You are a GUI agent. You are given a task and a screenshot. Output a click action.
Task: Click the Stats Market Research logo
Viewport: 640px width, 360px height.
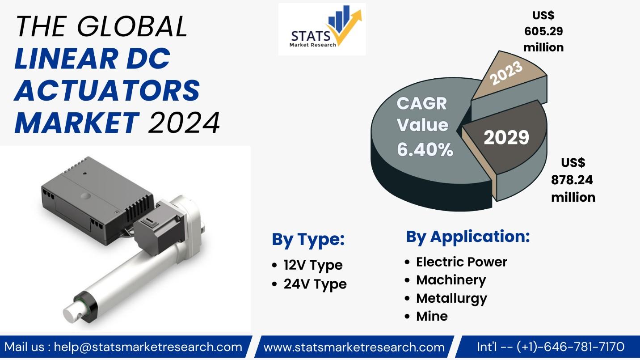coord(322,29)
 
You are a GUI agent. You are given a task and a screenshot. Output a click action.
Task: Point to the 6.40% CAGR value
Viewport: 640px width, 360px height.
coord(425,149)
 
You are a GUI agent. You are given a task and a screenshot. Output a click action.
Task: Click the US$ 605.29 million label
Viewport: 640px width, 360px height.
coord(543,31)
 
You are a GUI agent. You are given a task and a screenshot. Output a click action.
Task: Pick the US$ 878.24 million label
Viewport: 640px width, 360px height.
coord(573,180)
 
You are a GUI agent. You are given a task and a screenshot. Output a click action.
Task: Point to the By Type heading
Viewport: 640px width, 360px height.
coord(308,239)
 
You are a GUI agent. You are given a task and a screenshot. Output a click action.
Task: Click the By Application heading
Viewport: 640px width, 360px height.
coord(468,237)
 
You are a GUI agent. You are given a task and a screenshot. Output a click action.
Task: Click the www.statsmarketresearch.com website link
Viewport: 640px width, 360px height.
coord(354,347)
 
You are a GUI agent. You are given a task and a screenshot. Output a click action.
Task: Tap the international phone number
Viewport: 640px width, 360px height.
coord(551,347)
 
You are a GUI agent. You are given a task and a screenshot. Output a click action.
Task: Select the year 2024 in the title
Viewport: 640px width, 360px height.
coord(184,123)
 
